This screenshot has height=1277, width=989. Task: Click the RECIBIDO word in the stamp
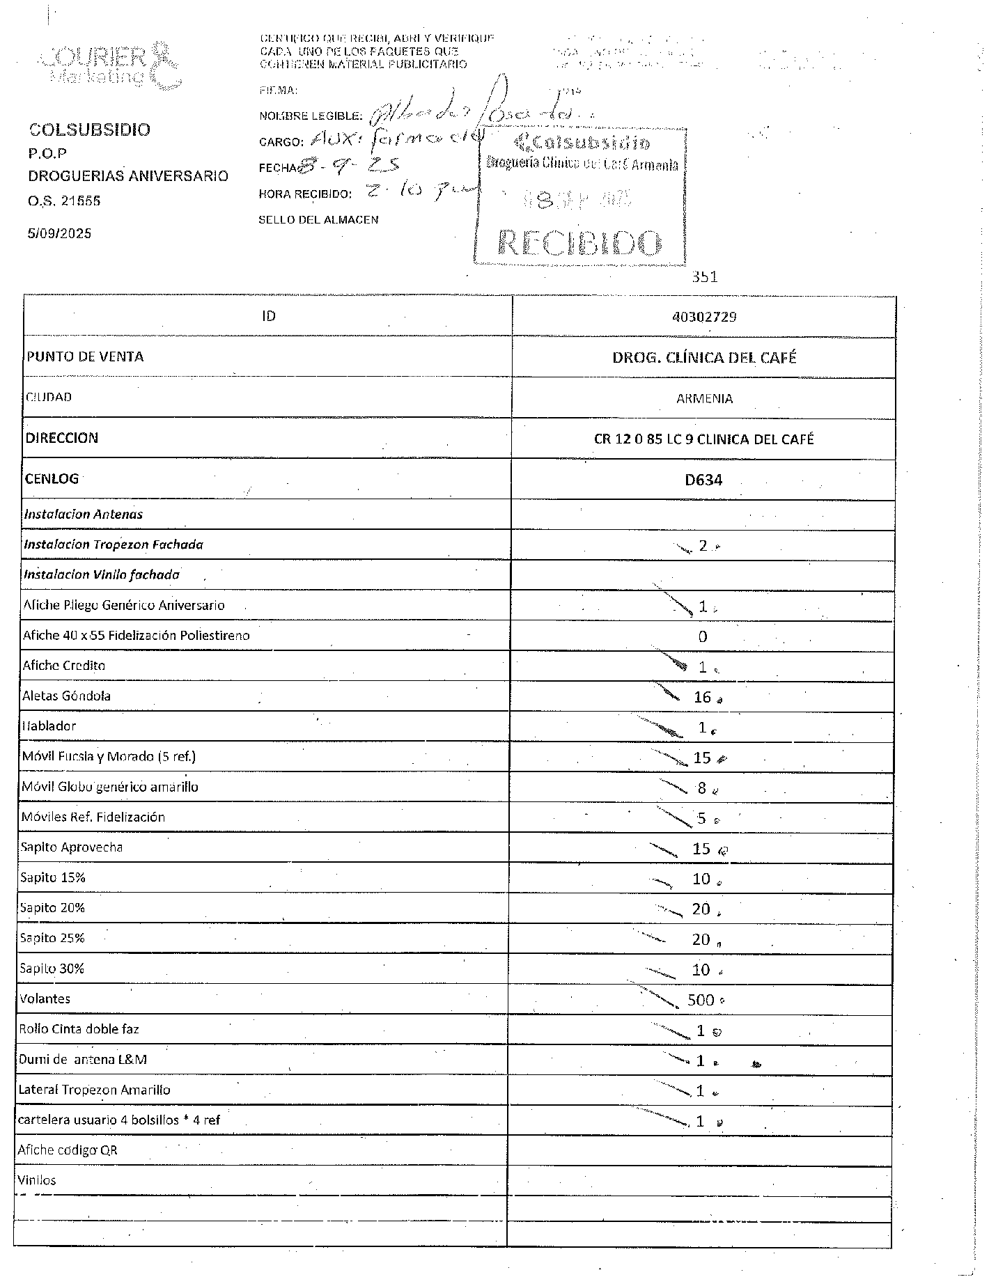point(580,242)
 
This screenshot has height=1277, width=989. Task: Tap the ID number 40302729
point(704,317)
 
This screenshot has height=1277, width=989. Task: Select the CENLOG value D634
point(703,480)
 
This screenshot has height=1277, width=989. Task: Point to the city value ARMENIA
point(704,399)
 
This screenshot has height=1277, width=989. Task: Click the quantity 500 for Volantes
point(701,1001)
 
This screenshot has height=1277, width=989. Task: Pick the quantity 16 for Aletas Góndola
point(702,697)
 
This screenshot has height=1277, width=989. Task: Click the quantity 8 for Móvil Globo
point(702,788)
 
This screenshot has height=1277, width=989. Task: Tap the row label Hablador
point(49,726)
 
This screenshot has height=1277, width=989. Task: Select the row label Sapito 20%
point(53,908)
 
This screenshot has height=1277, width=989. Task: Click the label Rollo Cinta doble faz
point(79,1029)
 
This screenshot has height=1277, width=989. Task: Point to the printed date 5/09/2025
point(60,233)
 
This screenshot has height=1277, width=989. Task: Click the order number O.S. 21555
point(64,201)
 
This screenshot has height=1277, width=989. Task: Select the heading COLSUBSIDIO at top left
point(89,130)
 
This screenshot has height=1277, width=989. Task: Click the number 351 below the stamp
point(704,277)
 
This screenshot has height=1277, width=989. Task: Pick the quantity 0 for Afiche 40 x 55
point(703,636)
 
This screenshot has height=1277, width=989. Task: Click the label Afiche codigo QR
point(68,1150)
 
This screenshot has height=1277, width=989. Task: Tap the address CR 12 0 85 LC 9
point(703,439)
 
